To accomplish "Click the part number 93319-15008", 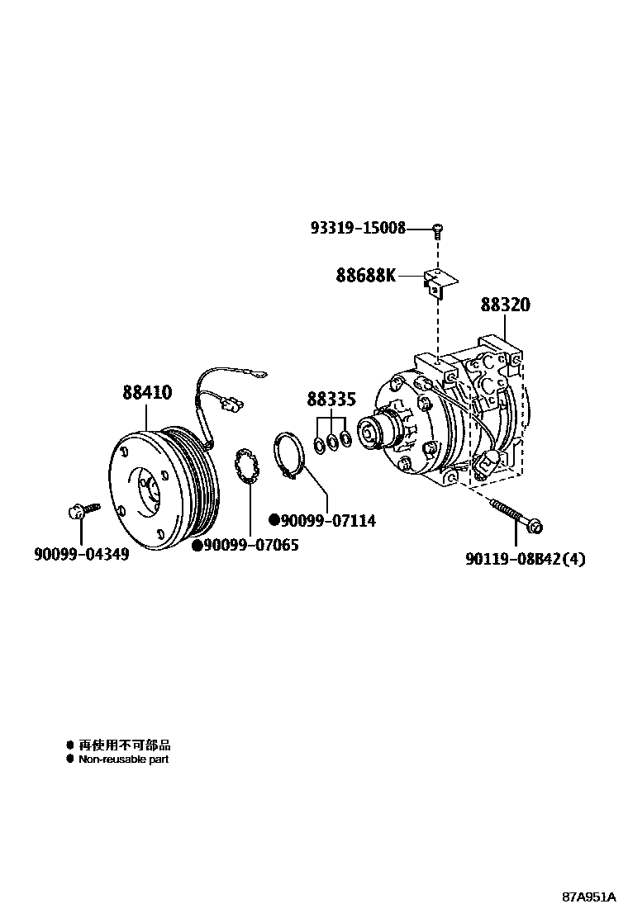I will (x=358, y=228).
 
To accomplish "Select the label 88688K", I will (x=366, y=275).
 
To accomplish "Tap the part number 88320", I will (x=506, y=305).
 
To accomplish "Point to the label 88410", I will (x=148, y=393).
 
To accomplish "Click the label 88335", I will (x=331, y=400).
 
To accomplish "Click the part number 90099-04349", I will (x=81, y=555).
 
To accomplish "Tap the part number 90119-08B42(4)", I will (x=526, y=560).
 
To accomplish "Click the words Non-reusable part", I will (x=123, y=759).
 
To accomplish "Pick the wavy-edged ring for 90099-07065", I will (x=249, y=467).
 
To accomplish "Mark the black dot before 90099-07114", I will (x=274, y=520).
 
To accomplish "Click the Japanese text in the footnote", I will (x=125, y=745).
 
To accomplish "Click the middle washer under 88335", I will (x=332, y=442).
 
